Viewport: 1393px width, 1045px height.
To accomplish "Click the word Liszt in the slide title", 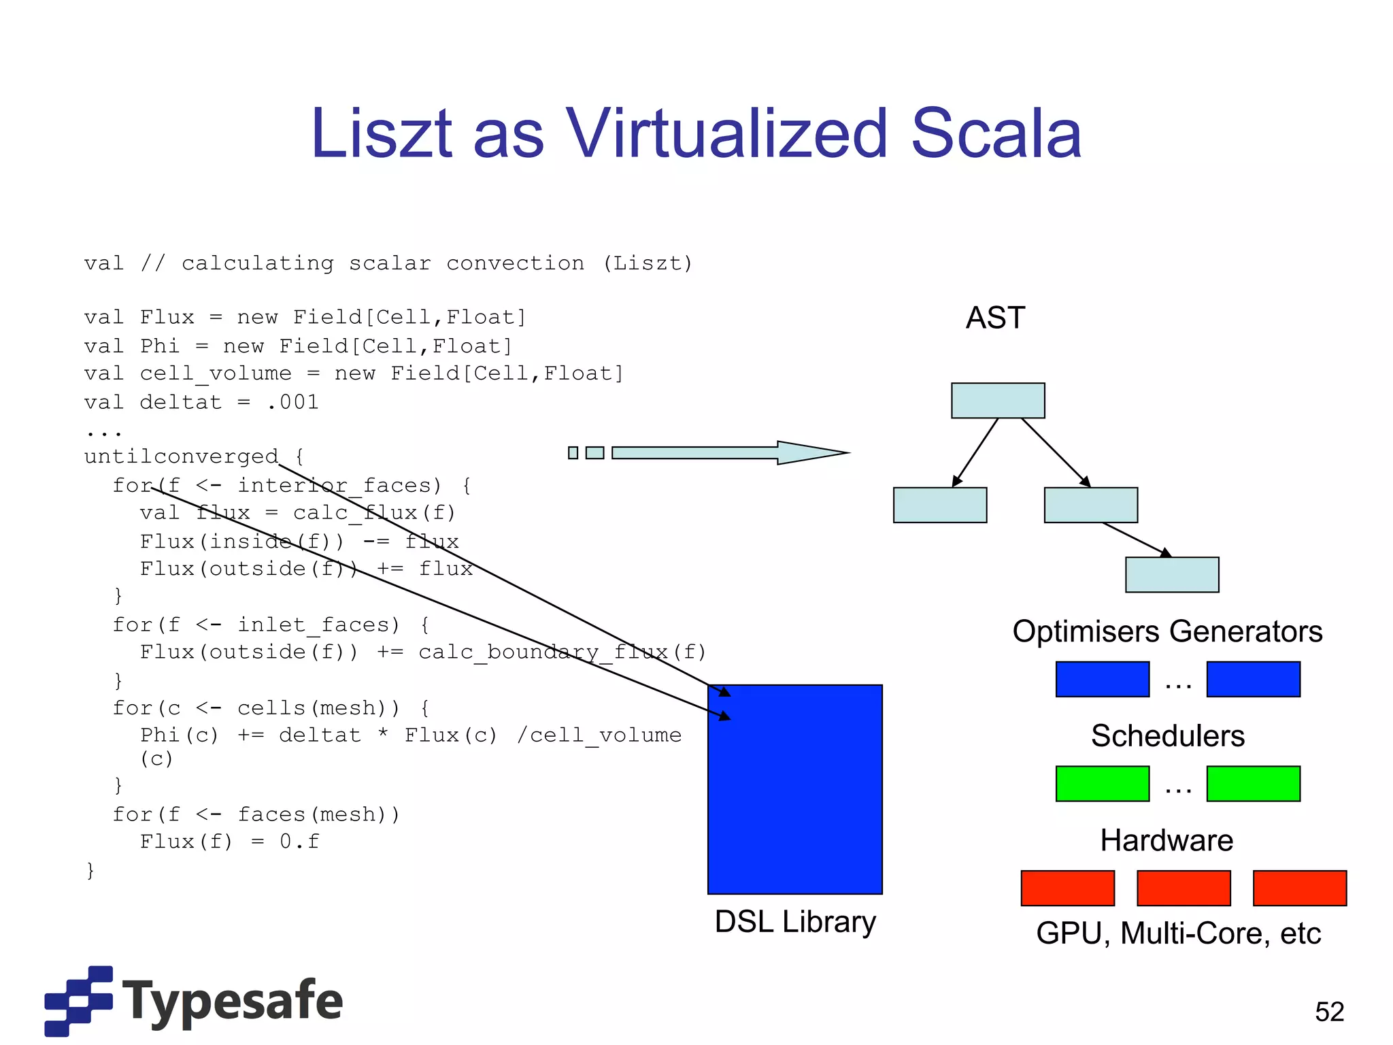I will (381, 133).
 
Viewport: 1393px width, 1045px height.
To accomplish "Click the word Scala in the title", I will (996, 133).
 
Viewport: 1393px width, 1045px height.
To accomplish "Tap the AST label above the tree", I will (995, 318).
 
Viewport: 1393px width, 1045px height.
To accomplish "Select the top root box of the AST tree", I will (998, 401).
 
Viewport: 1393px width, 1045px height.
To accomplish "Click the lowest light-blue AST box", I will (1172, 575).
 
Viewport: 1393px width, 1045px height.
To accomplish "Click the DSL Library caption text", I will (795, 922).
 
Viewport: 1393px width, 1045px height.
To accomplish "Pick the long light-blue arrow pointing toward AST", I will (728, 452).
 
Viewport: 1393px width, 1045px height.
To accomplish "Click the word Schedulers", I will (1168, 736).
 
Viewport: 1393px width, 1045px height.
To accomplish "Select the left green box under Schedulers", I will (1103, 784).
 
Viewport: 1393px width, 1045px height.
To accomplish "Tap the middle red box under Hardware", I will (1184, 888).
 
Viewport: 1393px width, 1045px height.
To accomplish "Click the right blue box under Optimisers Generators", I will (1253, 679).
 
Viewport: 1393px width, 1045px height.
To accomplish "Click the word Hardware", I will (1167, 841).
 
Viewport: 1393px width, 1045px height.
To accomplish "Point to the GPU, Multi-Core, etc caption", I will (1178, 933).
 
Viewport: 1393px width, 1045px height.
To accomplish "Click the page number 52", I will (1329, 1012).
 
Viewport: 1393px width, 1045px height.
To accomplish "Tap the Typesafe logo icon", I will (78, 1001).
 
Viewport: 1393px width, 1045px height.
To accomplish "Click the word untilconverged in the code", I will (182, 457).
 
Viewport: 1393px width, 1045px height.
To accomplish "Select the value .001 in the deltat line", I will (292, 402).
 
